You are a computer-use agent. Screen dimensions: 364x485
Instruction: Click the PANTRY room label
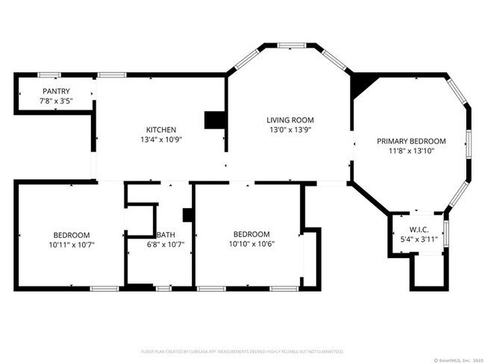(55, 91)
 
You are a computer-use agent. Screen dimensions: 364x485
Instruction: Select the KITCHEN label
(161, 129)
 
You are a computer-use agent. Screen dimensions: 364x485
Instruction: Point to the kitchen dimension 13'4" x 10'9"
(161, 139)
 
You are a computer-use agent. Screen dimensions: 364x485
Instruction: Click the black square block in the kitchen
(214, 120)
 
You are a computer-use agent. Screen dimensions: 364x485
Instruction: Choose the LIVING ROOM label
(290, 119)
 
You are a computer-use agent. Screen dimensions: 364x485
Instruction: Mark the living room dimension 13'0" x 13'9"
(290, 130)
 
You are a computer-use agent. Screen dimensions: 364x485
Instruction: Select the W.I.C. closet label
(418, 230)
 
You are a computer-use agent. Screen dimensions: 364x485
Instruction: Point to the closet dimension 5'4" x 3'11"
(418, 239)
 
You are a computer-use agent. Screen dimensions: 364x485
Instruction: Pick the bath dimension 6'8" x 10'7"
(165, 244)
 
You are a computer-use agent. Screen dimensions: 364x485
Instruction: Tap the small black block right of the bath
(188, 215)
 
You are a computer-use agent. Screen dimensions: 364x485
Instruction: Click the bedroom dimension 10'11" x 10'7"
(72, 244)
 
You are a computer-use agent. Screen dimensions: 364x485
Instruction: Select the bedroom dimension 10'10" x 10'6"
(251, 243)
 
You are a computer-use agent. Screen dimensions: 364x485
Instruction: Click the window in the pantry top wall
(49, 74)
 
